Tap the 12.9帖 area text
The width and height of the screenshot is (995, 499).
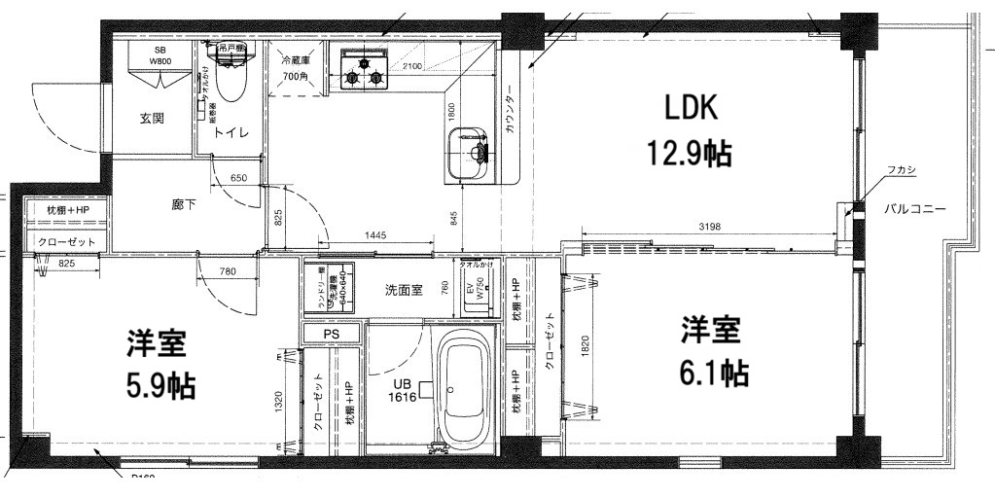690,153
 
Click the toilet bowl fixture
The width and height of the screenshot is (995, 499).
230,78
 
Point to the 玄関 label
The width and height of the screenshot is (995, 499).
151,119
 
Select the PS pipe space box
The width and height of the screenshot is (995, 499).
331,333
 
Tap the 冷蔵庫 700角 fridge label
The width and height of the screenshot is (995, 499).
298,67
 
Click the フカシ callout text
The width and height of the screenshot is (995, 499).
901,171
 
